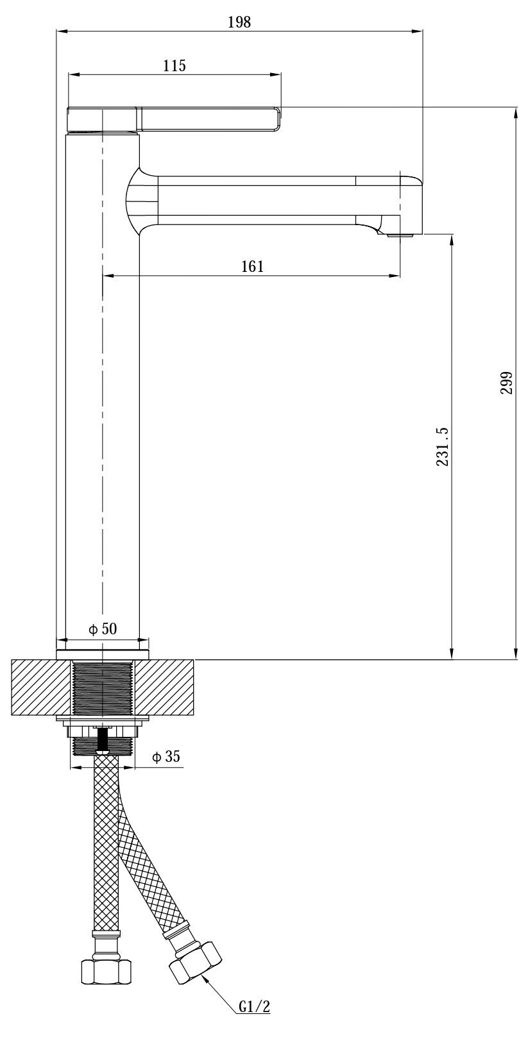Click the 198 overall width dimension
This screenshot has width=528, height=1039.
click(239, 22)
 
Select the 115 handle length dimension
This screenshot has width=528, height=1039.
click(175, 65)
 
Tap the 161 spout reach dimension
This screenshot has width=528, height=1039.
click(252, 266)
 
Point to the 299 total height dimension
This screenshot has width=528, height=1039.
click(506, 383)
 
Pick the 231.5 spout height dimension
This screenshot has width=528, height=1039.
click(442, 446)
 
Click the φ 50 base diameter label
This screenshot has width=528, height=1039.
click(103, 629)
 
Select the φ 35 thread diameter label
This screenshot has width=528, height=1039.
click(166, 757)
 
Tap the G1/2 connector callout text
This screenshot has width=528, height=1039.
click(254, 1020)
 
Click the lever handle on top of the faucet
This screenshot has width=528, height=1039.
click(174, 119)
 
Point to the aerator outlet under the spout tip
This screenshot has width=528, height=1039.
click(400, 235)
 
